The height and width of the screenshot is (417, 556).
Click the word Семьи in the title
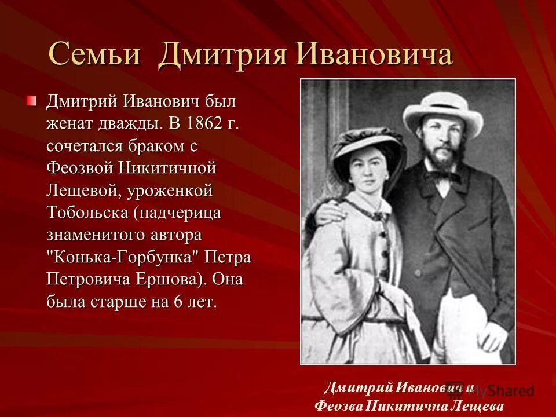(x=94, y=56)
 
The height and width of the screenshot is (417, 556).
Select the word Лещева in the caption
(x=475, y=405)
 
